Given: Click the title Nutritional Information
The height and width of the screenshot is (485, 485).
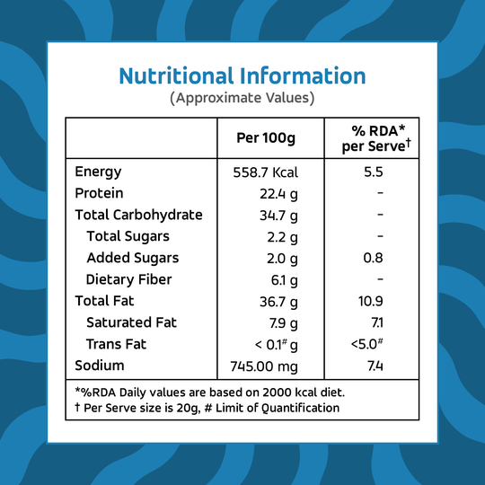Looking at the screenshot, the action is [x=242, y=75].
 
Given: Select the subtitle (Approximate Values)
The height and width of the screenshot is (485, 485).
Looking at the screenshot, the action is [x=242, y=98].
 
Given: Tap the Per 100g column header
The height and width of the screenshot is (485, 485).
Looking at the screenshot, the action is [x=266, y=138].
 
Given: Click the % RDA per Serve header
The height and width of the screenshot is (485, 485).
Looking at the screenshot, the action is [x=376, y=138].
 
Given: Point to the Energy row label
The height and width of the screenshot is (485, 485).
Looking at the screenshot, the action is [x=98, y=172].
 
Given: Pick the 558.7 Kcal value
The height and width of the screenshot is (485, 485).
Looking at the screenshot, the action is [x=265, y=172].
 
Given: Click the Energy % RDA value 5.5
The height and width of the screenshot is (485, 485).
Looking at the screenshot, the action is [x=374, y=172].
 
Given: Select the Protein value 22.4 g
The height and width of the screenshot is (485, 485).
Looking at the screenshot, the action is [x=278, y=194].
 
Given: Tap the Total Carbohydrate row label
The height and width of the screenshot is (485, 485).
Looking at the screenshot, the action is [x=138, y=215].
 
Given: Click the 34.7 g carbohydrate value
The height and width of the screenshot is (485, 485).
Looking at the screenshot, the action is [x=278, y=216].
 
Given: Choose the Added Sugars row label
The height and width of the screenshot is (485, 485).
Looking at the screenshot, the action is [x=133, y=258].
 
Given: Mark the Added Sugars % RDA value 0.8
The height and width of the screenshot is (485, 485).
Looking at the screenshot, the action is [x=373, y=258].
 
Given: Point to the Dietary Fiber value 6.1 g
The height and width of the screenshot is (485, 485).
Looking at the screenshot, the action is [x=284, y=280].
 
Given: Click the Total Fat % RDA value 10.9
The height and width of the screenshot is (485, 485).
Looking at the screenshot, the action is [x=371, y=301].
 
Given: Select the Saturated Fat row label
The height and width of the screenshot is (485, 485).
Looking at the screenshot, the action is [x=131, y=322].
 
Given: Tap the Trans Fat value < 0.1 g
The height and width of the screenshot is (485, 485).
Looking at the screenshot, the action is [x=277, y=345].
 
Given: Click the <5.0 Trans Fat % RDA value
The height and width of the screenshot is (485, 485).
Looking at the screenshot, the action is [x=367, y=344].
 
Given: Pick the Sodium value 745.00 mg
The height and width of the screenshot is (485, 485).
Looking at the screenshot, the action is [x=264, y=366].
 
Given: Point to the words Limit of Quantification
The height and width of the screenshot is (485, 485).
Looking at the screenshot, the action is [x=278, y=408].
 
